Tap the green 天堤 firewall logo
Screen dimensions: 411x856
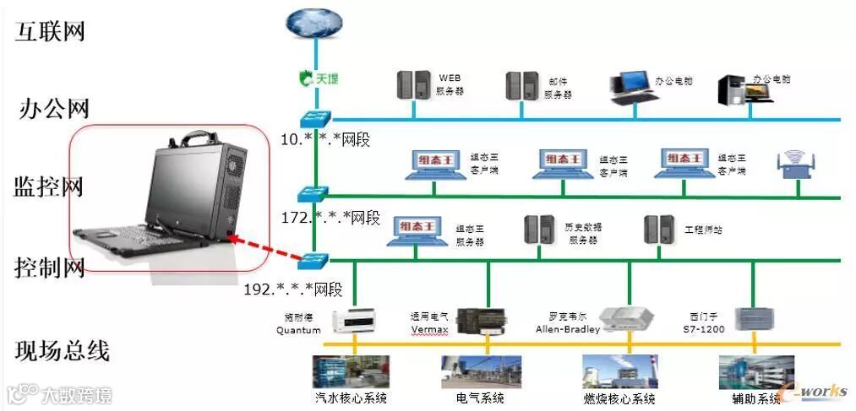[319, 78]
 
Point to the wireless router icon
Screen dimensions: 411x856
[793, 165]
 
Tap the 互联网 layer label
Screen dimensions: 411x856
[50, 32]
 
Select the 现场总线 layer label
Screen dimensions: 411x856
[63, 349]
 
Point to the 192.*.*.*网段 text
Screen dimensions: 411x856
[292, 289]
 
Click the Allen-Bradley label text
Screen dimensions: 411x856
[567, 329]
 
